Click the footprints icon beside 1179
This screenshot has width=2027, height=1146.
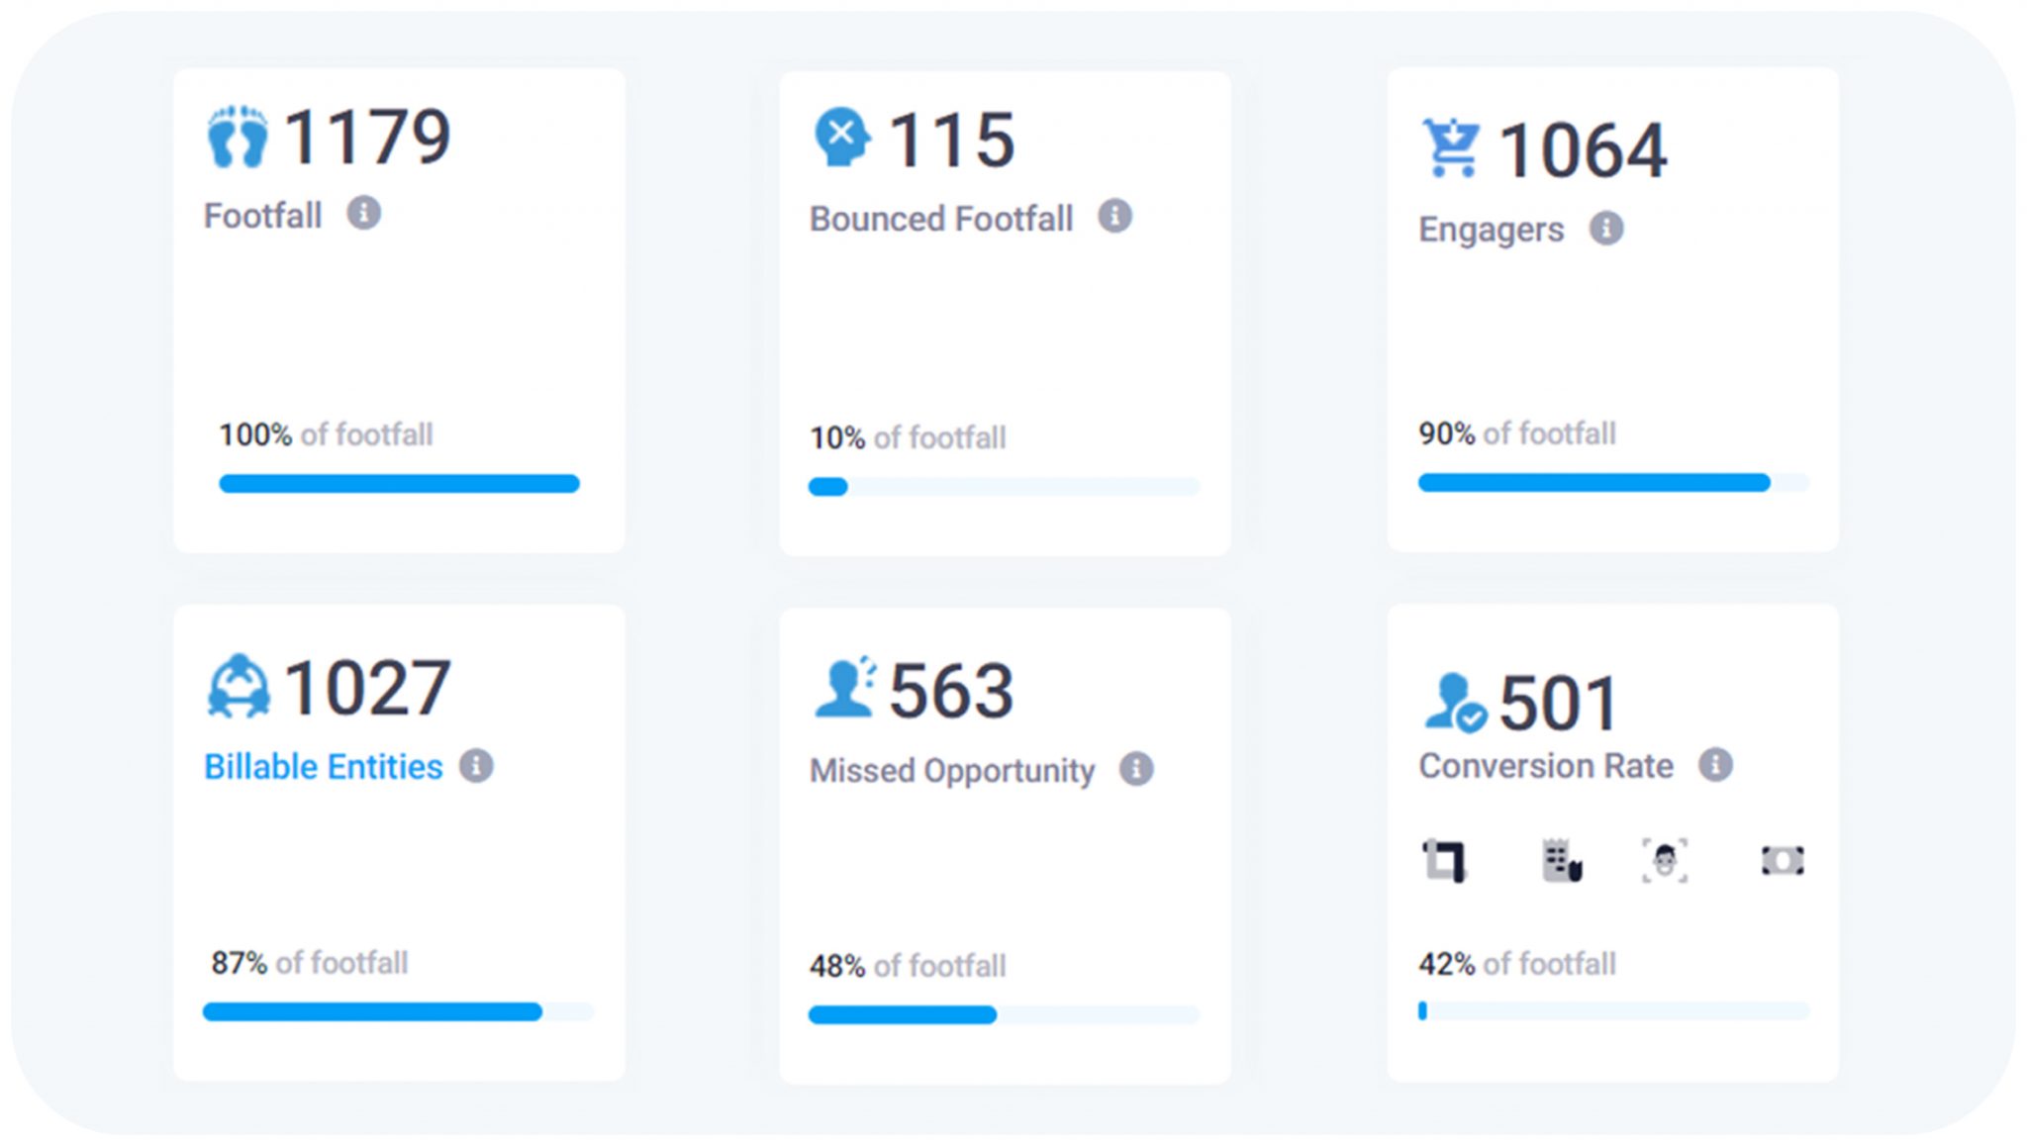pos(238,137)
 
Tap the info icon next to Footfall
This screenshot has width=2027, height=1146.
pos(363,213)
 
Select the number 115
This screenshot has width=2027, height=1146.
pos(951,140)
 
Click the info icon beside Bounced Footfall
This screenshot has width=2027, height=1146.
pos(1114,216)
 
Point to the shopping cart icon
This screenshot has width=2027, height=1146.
pos(1451,147)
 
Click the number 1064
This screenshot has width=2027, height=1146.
pos(1583,150)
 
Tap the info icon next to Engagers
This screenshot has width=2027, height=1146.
pos(1605,229)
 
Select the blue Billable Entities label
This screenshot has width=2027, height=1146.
pos(323,767)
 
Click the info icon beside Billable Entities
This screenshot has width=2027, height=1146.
pos(476,766)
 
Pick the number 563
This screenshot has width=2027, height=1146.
pos(951,691)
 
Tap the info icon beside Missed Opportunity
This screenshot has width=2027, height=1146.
pos(1136,769)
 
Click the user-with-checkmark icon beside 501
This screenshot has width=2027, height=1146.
pos(1454,703)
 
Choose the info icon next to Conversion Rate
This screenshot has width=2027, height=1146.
pos(1715,765)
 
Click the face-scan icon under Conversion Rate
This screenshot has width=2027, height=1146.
pos(1665,860)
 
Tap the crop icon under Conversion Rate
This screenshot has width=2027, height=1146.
pos(1444,860)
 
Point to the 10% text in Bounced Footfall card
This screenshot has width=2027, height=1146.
pos(837,437)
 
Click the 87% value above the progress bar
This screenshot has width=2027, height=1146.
pos(239,963)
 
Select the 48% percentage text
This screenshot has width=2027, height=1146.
pos(837,966)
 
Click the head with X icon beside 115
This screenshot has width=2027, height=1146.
pos(841,137)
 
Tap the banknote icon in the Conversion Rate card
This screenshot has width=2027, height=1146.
pos(1782,860)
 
